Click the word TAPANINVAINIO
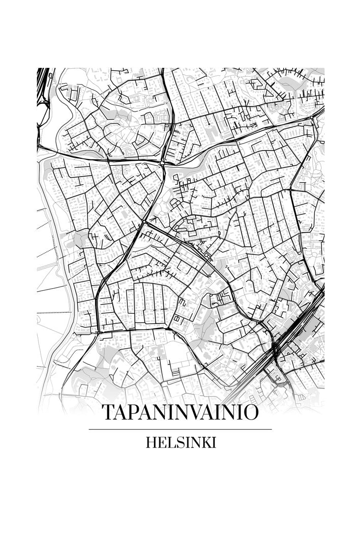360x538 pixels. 180,413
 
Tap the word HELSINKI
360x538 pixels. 180,443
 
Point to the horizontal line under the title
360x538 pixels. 180,429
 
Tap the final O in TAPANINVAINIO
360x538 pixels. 249,413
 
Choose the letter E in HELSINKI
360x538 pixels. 162,443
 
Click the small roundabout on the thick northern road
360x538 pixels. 162,162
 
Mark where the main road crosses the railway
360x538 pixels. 274,350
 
